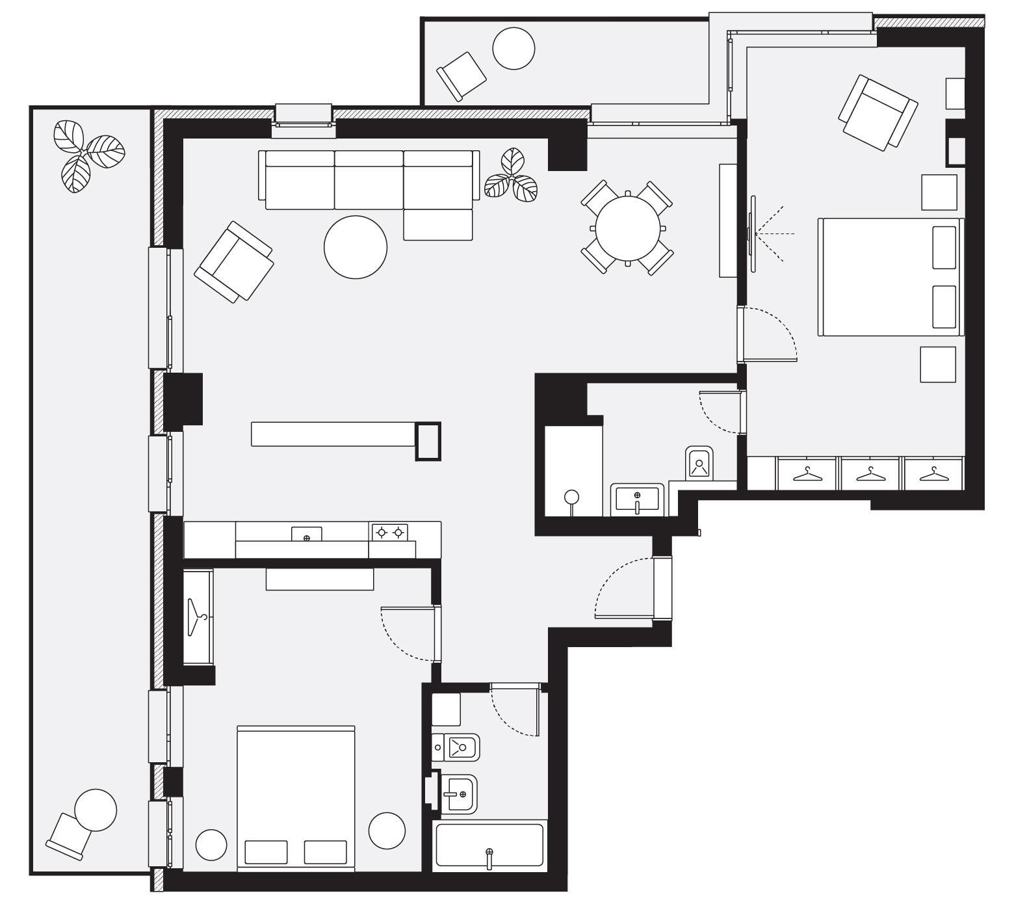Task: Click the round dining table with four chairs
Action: [627, 228]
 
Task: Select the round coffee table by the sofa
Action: [356, 247]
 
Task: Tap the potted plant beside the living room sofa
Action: [512, 174]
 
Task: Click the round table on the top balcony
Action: [513, 48]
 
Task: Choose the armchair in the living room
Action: [234, 261]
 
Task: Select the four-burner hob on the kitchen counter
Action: [389, 533]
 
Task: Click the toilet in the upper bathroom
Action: [699, 462]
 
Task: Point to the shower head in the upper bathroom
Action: [571, 498]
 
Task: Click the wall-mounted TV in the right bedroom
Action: [752, 233]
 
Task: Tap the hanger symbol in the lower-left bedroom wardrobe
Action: [197, 617]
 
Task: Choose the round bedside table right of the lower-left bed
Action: [387, 830]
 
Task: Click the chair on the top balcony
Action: [461, 74]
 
